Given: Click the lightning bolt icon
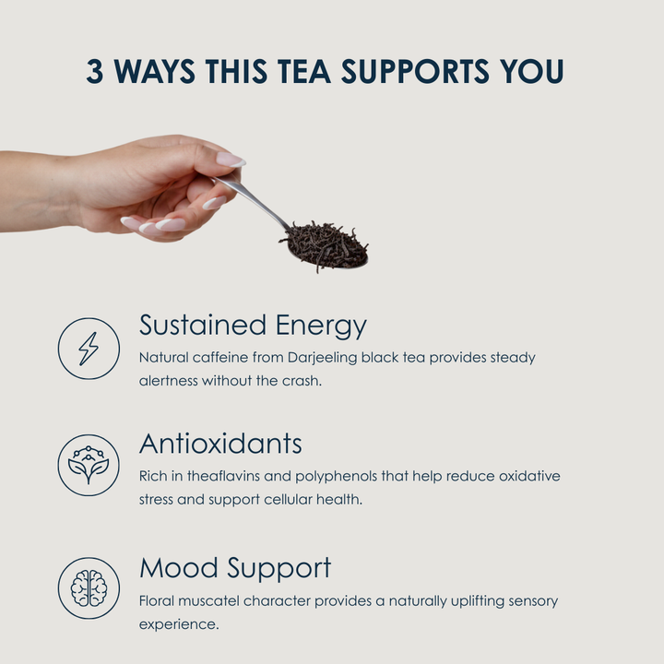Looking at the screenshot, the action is pyautogui.click(x=89, y=349).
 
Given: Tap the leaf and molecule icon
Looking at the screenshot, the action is pyautogui.click(x=89, y=465).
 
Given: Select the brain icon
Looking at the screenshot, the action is pyautogui.click(x=89, y=588).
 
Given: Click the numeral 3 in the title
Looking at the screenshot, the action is pyautogui.click(x=95, y=71).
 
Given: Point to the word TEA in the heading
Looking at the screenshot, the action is pyautogui.click(x=303, y=71).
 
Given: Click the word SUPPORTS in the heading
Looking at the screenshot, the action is pyautogui.click(x=415, y=71).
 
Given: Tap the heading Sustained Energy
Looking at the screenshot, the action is pyautogui.click(x=253, y=326).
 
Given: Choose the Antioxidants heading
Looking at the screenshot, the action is pyautogui.click(x=220, y=444).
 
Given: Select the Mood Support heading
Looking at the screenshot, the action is pyautogui.click(x=235, y=568).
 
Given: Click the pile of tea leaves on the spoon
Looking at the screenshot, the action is pyautogui.click(x=326, y=246).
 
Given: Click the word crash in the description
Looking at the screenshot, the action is pyautogui.click(x=302, y=381).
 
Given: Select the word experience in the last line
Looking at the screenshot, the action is pyautogui.click(x=179, y=624).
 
